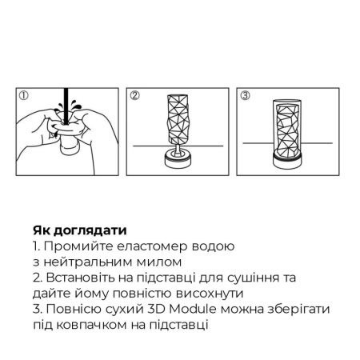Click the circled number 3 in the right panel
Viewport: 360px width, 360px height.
click(x=246, y=96)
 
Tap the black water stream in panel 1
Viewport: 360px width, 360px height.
click(x=59, y=105)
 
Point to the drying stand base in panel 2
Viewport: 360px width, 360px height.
click(x=177, y=158)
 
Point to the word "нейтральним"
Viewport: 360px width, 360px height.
click(x=90, y=262)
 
